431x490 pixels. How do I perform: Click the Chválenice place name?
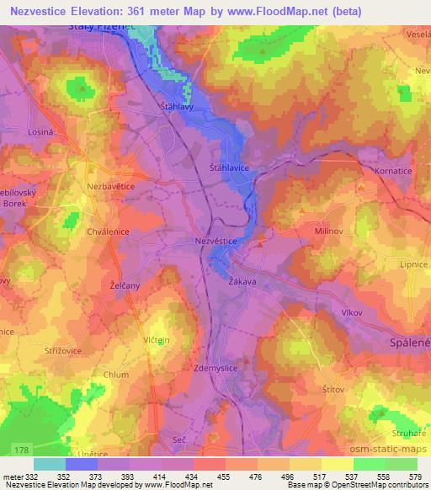point(106,231)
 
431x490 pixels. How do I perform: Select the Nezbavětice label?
point(111,184)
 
